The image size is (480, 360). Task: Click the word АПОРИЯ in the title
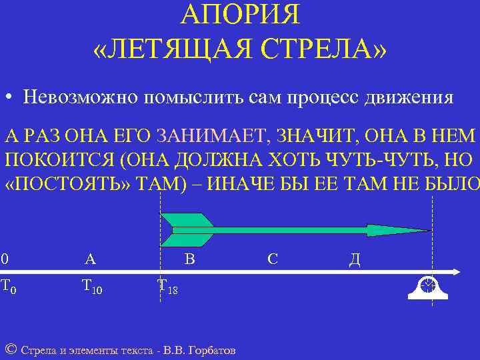click(x=241, y=15)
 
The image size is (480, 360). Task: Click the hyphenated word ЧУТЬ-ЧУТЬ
click(x=390, y=161)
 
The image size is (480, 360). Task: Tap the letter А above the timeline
click(x=90, y=259)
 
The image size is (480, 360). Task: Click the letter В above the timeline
click(x=189, y=259)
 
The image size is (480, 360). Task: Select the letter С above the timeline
click(x=272, y=259)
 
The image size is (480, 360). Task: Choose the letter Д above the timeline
click(x=354, y=259)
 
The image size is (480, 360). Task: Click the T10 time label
click(x=91, y=287)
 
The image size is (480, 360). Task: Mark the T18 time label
click(x=167, y=287)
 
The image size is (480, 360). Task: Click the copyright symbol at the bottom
click(x=10, y=349)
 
